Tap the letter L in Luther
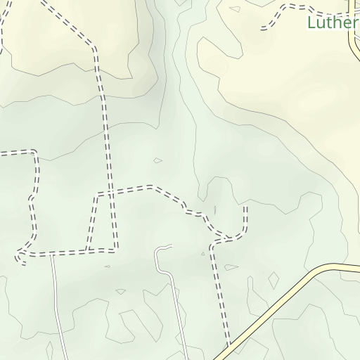(x=311, y=22)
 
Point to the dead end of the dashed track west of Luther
(x=262, y=29)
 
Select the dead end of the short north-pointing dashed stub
(x=246, y=207)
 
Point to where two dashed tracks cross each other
(x=109, y=191)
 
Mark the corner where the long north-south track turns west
(x=115, y=248)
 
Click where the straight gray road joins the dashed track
(x=52, y=253)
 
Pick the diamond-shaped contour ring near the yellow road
(x=274, y=281)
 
